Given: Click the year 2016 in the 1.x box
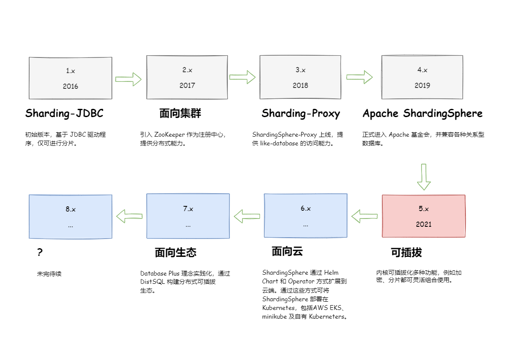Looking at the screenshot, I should (70, 86).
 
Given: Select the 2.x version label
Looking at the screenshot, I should (187, 70).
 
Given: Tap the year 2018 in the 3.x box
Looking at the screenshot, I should (300, 85).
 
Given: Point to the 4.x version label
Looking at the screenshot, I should (422, 70).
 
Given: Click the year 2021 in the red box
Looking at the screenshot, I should (424, 224).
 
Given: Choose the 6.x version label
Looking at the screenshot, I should (306, 209).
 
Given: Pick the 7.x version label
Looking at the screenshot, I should (188, 209).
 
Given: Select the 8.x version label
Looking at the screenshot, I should (71, 209).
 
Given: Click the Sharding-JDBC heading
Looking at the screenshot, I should (64, 114).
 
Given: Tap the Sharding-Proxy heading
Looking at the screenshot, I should (300, 114).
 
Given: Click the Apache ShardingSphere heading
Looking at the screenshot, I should (422, 114).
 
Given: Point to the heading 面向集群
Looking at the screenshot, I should (180, 114).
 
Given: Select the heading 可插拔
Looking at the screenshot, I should (406, 252).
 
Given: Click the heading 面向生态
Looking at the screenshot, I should (175, 252).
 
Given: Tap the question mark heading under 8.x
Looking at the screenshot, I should (40, 252).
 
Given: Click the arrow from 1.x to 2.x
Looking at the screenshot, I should (129, 79).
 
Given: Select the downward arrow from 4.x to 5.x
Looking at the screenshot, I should (424, 177).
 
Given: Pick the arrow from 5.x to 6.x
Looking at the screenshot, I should (364, 215).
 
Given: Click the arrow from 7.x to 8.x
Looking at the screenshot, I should (129, 215).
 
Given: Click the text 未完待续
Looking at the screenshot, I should (49, 274).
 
